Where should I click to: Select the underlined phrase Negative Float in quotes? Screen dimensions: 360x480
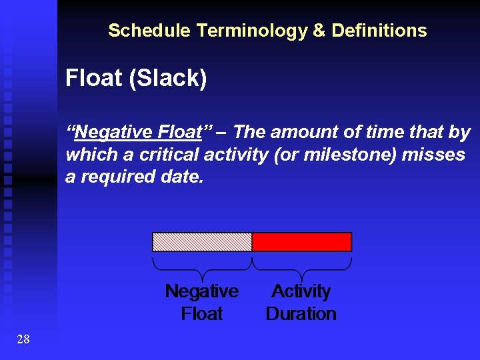139,132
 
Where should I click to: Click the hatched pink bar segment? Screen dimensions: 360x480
202,241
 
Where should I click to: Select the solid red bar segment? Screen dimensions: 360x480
301,241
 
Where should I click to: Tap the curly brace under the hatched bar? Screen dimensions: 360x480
202,267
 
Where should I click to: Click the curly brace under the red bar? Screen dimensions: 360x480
301,267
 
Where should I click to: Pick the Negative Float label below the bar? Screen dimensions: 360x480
201,302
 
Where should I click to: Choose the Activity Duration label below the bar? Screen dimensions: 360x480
301,302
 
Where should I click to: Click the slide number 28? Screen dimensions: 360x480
23,340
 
